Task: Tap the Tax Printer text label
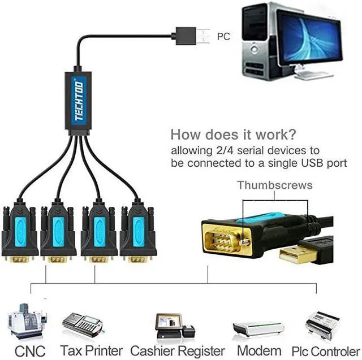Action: point(91,351)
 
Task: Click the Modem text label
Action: point(259,351)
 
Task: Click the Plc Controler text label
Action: point(326,351)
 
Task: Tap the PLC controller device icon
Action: point(327,324)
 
